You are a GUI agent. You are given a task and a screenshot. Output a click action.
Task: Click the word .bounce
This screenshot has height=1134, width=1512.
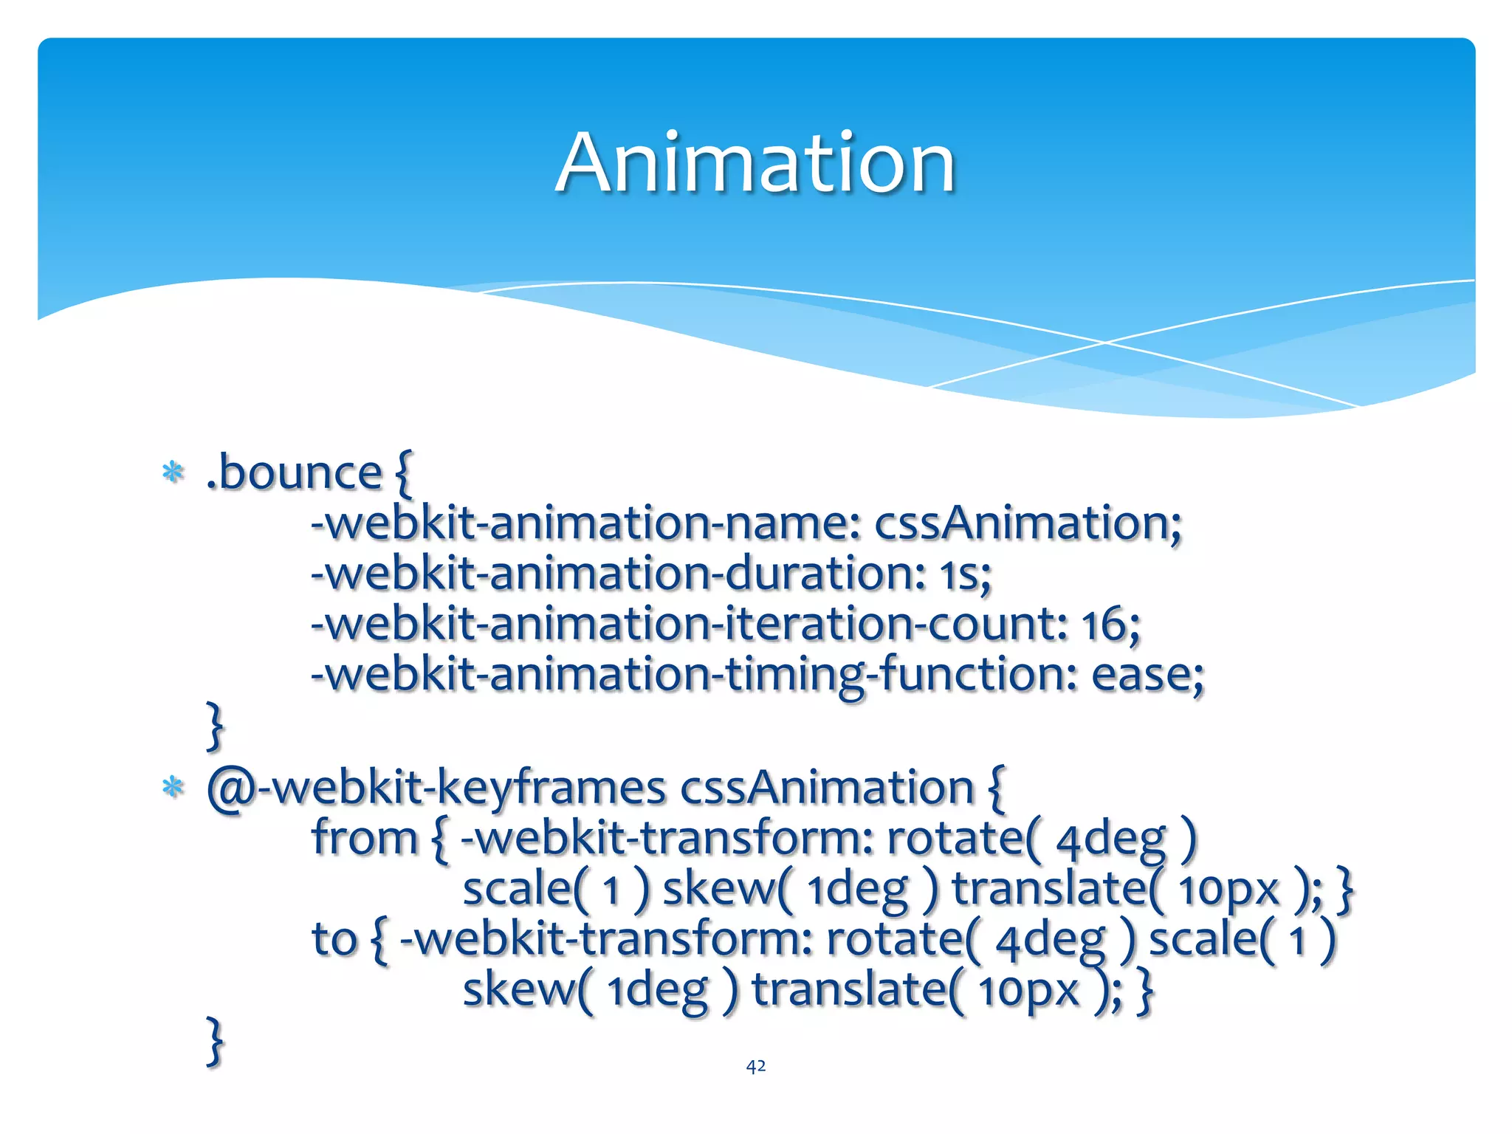point(293,473)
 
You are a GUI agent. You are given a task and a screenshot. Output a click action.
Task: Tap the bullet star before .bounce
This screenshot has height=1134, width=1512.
point(173,472)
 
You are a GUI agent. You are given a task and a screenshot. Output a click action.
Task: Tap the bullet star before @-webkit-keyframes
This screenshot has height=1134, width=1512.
point(173,788)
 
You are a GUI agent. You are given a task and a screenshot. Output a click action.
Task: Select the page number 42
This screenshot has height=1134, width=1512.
point(755,1066)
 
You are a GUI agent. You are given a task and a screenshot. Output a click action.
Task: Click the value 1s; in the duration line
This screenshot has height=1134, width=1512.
point(965,574)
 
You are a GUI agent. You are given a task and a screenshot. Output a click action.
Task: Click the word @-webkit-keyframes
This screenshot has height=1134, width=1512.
point(436,788)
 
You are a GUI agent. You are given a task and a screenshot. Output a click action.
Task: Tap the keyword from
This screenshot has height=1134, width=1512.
point(365,839)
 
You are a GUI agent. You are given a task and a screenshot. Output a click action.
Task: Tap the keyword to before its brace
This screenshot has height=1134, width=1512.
point(334,939)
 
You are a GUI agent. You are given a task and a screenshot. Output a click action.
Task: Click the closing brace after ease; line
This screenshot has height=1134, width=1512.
point(214,726)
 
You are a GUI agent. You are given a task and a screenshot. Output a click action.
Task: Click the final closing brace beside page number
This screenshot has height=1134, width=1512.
point(214,1040)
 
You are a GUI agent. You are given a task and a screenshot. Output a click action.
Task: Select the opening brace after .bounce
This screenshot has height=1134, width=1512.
point(404,473)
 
